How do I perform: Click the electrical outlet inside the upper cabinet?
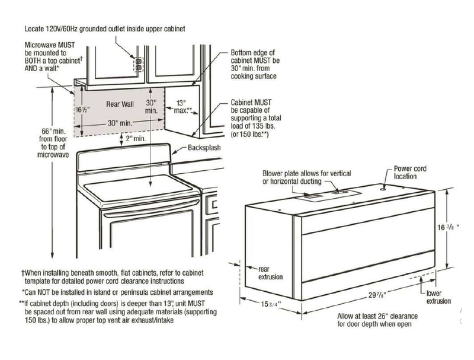click(x=139, y=65)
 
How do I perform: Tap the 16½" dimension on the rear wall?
click(x=82, y=110)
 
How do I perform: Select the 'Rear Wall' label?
click(x=120, y=104)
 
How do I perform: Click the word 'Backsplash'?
click(x=204, y=148)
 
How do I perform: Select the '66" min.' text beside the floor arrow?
click(x=54, y=131)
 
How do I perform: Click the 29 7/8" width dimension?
click(x=377, y=295)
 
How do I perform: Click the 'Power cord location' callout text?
click(x=410, y=173)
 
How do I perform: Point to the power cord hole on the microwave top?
click(x=383, y=189)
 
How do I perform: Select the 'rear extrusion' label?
click(x=271, y=273)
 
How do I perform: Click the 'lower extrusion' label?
click(x=438, y=297)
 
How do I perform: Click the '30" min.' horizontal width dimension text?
click(x=120, y=123)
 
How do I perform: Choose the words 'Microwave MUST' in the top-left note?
click(x=50, y=45)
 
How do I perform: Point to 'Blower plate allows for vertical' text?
click(x=306, y=173)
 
